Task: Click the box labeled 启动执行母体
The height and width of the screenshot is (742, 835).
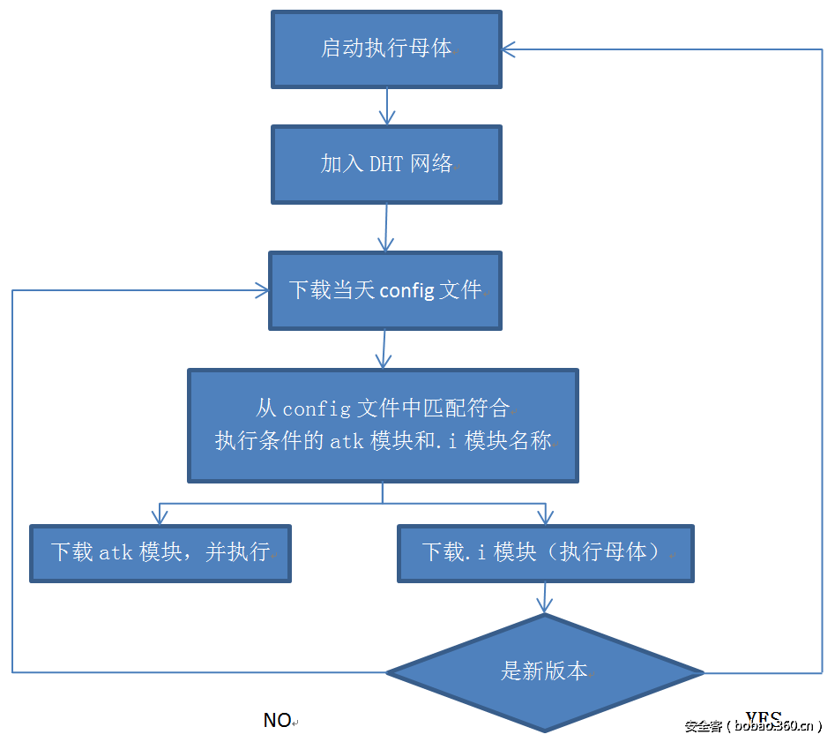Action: click(x=386, y=49)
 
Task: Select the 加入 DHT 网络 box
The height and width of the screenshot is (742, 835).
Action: click(x=386, y=164)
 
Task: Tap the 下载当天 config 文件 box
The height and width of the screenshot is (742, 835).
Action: click(x=385, y=290)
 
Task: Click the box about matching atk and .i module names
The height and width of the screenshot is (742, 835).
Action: click(x=383, y=425)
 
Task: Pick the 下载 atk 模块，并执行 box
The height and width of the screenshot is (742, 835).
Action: click(x=160, y=553)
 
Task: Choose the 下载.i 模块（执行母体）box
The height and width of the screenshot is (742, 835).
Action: click(x=545, y=553)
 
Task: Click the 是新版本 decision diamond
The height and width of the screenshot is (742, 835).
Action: click(x=545, y=671)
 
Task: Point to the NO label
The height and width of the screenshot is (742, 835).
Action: click(x=277, y=721)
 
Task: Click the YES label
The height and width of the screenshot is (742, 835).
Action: click(x=763, y=717)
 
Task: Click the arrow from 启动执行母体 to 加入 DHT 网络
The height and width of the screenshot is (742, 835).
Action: click(x=386, y=107)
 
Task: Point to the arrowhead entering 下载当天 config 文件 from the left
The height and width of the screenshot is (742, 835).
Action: click(x=261, y=289)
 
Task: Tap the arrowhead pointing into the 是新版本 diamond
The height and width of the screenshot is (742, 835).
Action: click(x=545, y=605)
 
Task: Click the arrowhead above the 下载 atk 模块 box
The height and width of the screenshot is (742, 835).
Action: click(x=160, y=516)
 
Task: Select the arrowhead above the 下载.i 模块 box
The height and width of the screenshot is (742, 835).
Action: click(x=545, y=516)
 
